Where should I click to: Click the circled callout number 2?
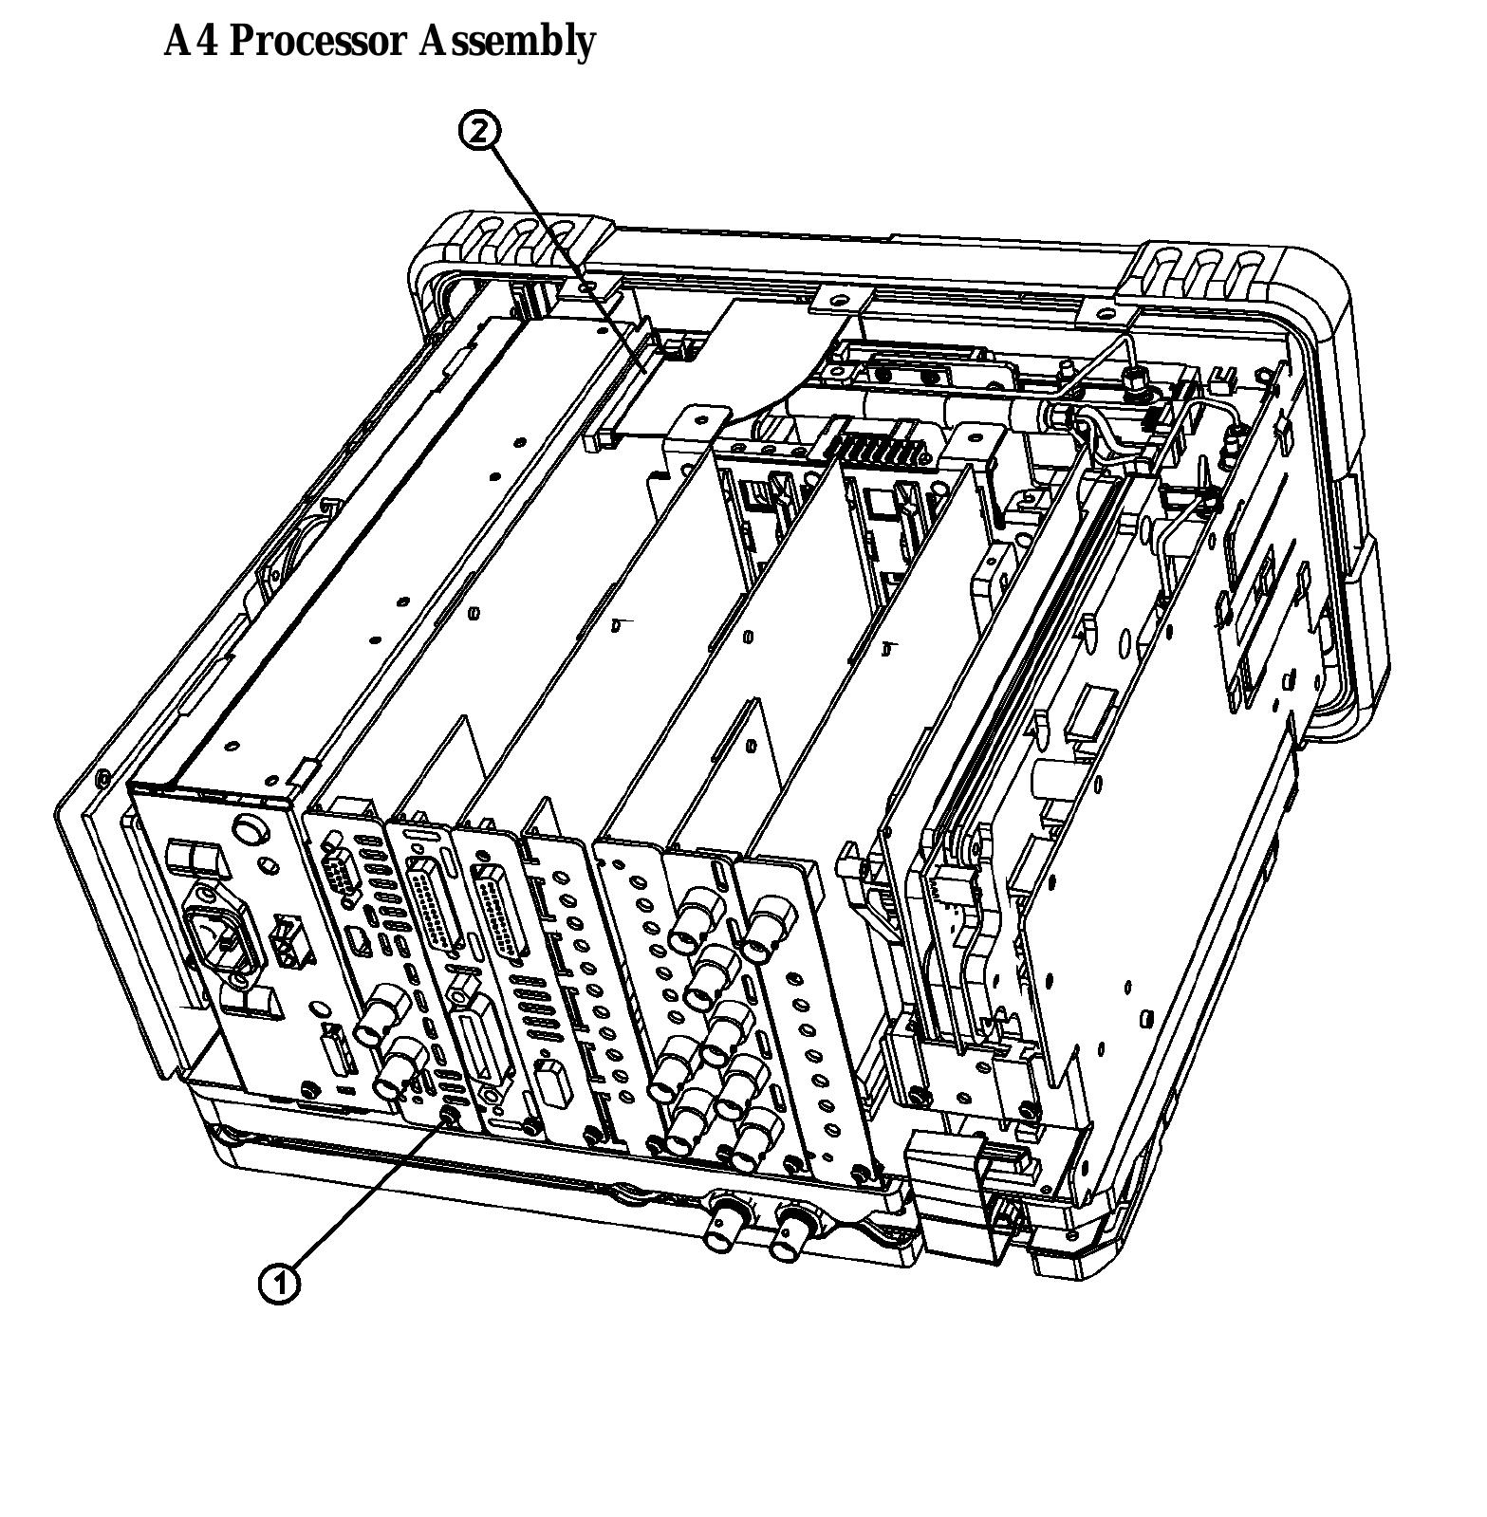coord(480,131)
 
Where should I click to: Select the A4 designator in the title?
coord(191,42)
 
